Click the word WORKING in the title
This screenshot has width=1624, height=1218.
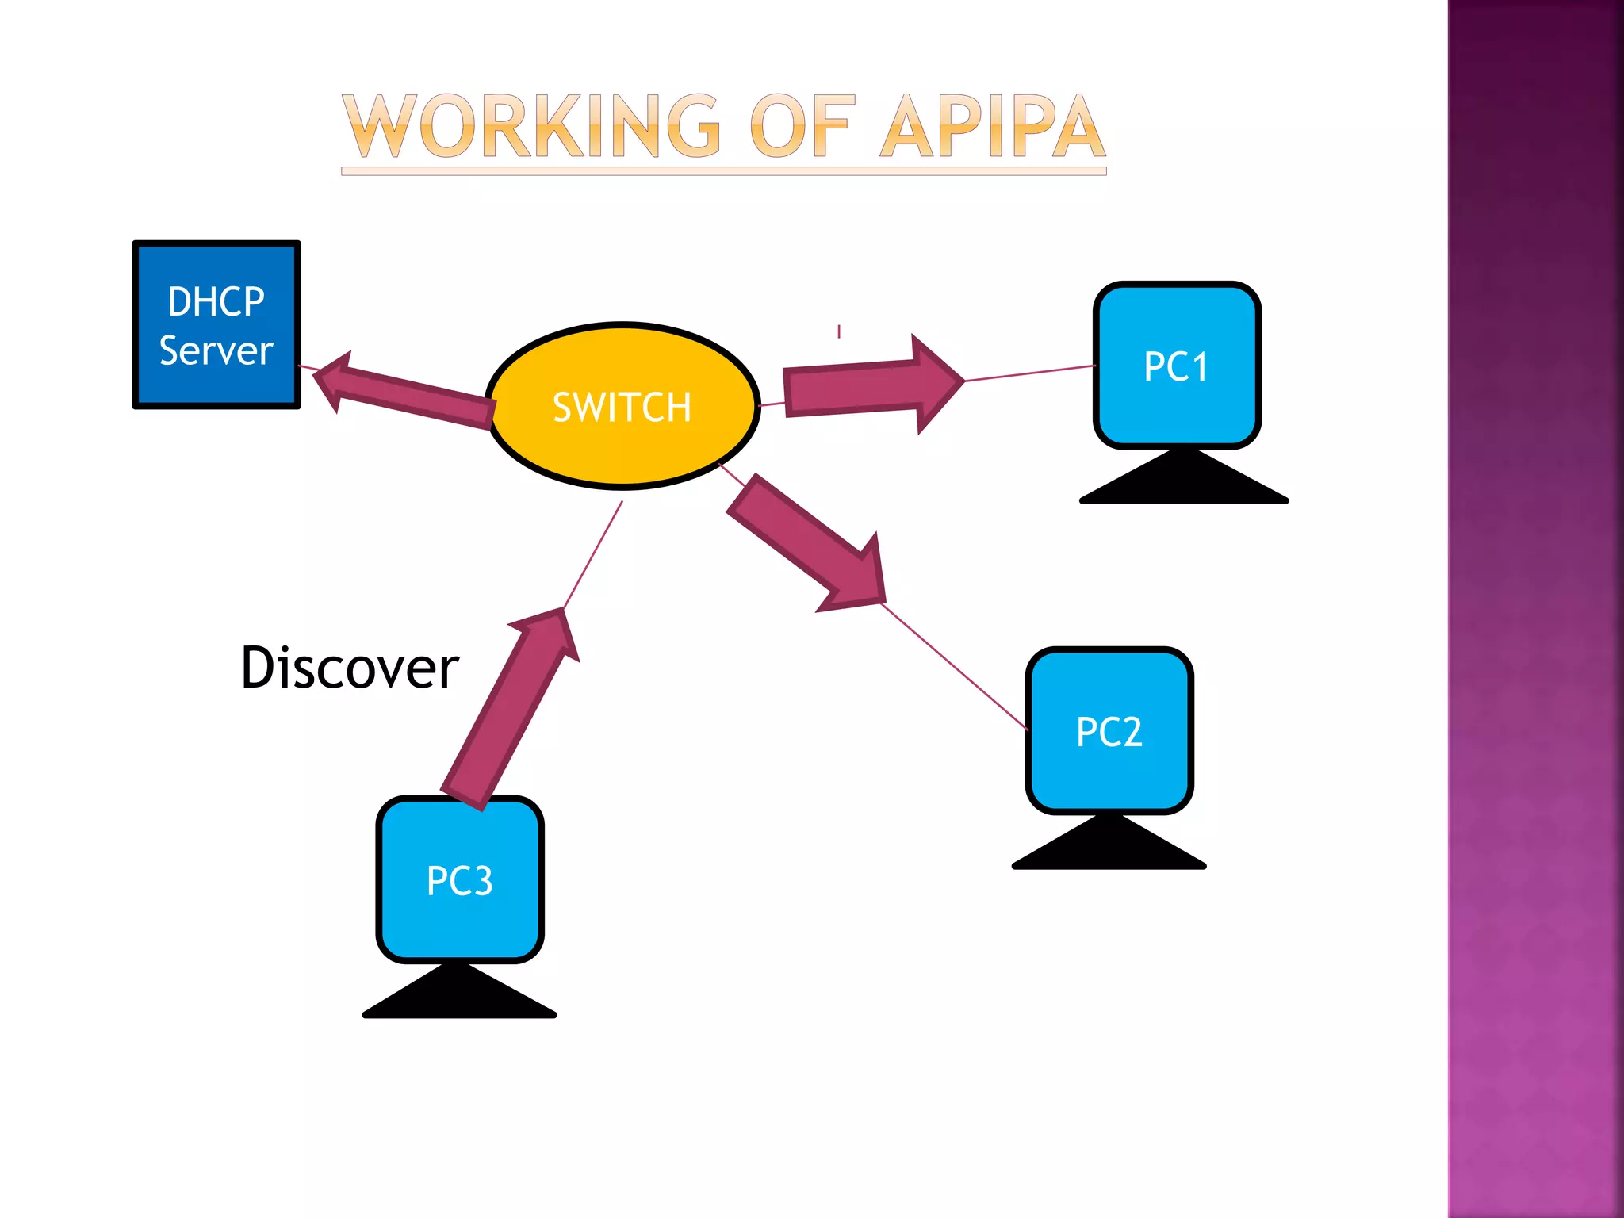532,127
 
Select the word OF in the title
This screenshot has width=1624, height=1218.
802,127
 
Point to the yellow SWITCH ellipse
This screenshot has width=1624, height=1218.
622,406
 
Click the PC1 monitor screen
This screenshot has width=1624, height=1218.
1177,366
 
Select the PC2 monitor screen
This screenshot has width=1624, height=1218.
1109,730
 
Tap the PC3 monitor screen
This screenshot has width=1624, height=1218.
459,879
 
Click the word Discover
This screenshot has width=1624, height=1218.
350,668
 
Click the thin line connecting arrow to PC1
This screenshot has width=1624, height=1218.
1031,373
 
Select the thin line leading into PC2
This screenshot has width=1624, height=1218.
956,667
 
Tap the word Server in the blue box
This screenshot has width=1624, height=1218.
216,350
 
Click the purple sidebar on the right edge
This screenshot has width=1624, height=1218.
1535,609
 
